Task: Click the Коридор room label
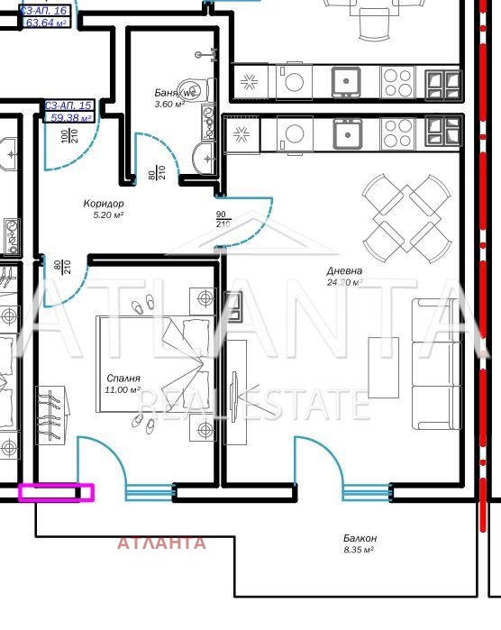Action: tap(103, 204)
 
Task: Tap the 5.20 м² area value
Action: tap(108, 215)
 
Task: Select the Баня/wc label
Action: tap(175, 93)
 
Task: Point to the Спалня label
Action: tap(122, 379)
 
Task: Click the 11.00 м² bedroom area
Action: tap(123, 390)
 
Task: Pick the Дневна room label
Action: tap(344, 270)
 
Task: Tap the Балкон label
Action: tap(360, 538)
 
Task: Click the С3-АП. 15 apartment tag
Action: tap(68, 106)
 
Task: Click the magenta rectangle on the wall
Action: tap(56, 492)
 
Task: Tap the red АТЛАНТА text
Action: tap(162, 543)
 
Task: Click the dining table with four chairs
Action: tap(406, 214)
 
